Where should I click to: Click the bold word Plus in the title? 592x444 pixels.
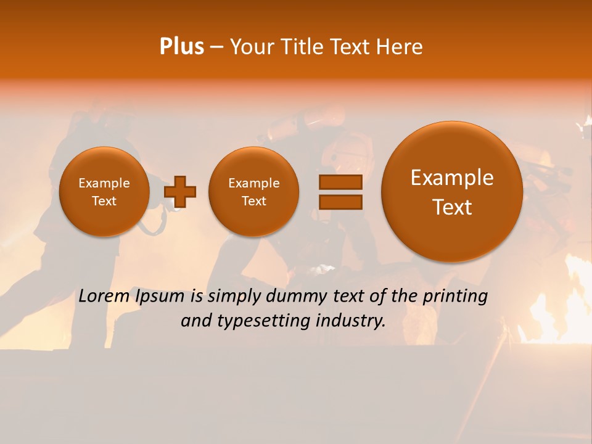(x=181, y=47)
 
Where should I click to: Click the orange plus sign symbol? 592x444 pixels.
(x=180, y=192)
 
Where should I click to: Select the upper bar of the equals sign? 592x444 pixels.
(x=340, y=182)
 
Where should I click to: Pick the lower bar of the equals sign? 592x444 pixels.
(x=340, y=202)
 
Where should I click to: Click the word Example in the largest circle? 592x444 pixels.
(x=452, y=178)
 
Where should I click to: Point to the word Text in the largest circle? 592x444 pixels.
(x=452, y=207)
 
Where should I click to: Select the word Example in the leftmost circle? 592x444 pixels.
(x=104, y=183)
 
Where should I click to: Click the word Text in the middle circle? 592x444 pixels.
(x=253, y=201)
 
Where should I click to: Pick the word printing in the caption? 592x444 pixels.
(x=455, y=297)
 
